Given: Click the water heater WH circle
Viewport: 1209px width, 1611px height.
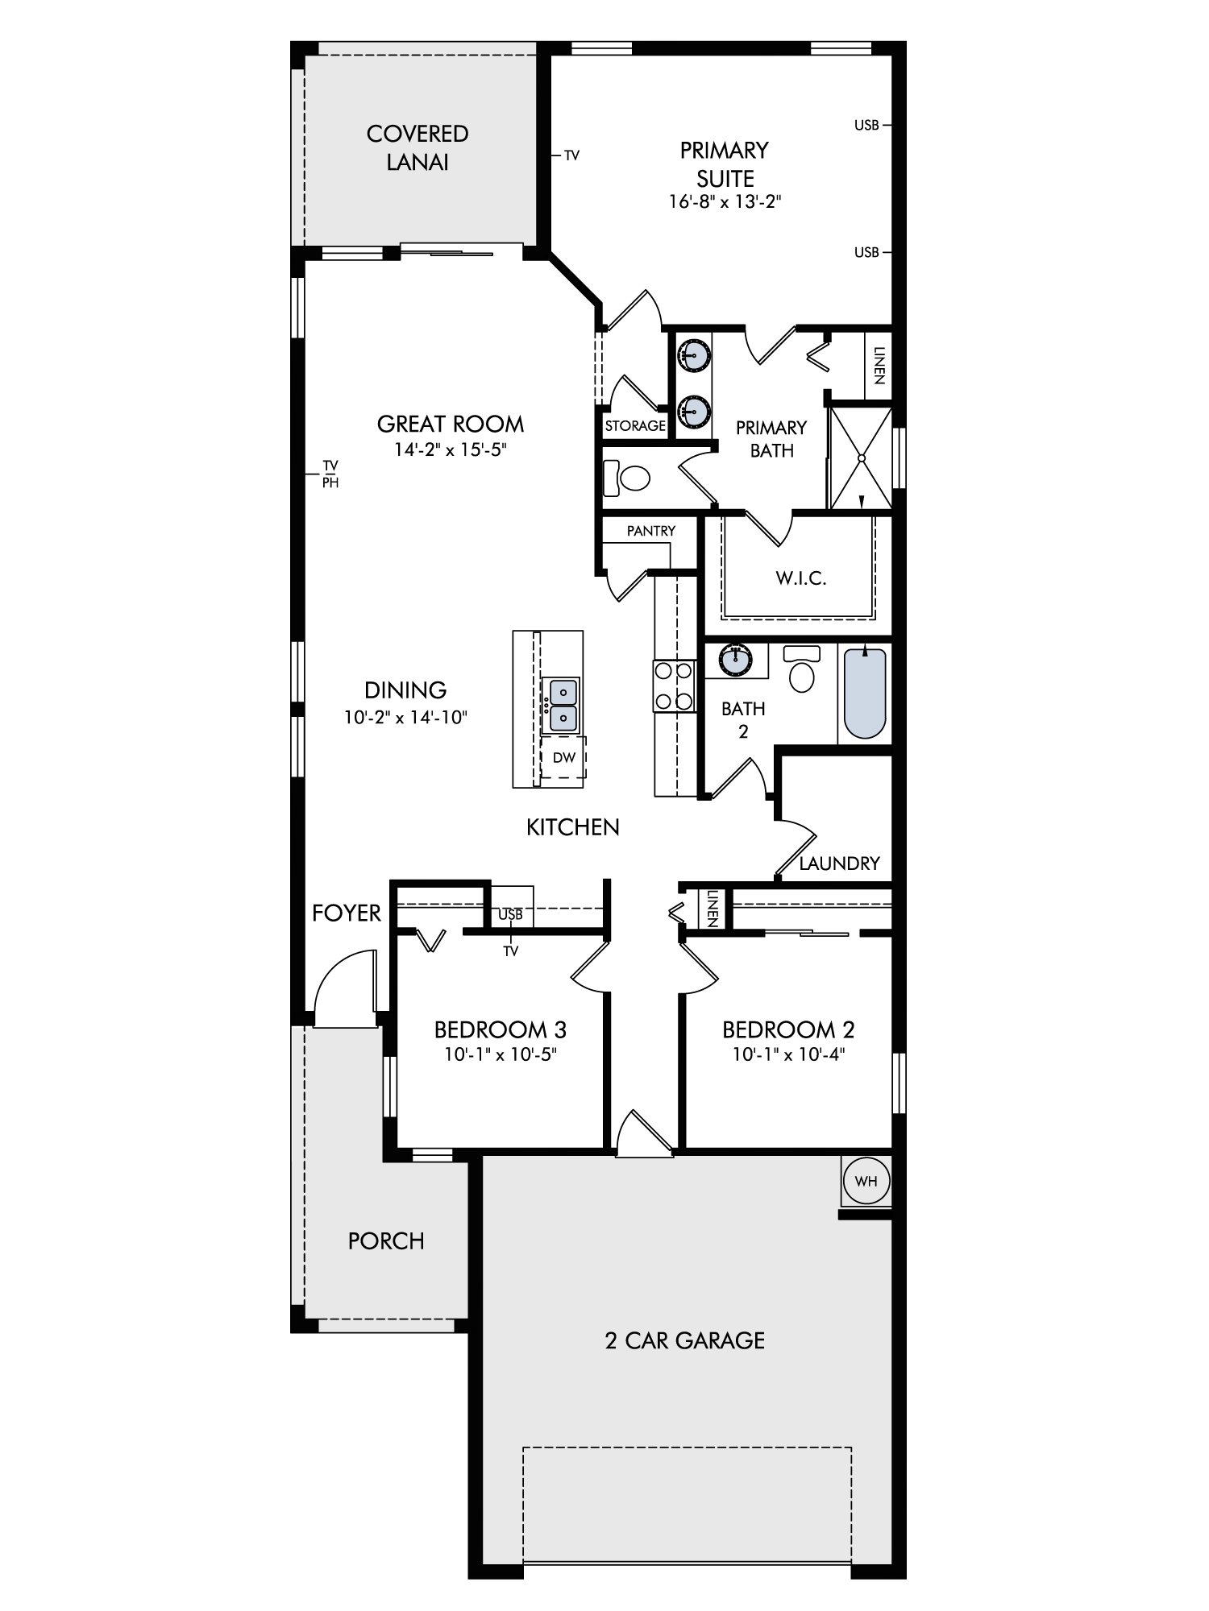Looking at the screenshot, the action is [x=866, y=1182].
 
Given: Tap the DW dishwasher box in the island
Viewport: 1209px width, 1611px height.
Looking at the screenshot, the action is [x=563, y=757].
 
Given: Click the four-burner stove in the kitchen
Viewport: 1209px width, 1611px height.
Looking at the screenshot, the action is [x=674, y=685].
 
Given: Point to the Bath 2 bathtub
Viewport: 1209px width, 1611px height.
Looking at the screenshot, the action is [x=866, y=693].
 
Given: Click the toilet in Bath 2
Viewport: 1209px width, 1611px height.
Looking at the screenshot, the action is [x=801, y=669].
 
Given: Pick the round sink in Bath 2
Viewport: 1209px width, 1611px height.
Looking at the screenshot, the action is [x=736, y=659].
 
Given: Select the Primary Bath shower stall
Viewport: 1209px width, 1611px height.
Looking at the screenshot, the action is [x=862, y=458].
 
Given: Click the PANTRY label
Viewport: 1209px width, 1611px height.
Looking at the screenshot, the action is [x=651, y=531].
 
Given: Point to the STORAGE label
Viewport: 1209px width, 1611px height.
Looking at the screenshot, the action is [x=635, y=425].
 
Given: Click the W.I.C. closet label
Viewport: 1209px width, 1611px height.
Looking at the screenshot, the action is [x=801, y=578].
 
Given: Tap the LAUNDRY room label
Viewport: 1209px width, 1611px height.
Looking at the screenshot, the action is [x=839, y=863].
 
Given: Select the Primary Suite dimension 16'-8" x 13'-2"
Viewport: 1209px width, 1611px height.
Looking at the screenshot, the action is [x=725, y=201].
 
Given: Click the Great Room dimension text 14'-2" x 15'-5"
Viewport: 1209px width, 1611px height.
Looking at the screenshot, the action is [x=450, y=449].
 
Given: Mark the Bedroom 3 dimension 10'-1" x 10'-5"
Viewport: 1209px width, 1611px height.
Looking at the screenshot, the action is [x=501, y=1054].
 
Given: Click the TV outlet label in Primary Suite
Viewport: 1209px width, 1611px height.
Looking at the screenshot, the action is [x=571, y=155].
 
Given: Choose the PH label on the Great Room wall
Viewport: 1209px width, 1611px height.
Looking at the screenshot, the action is [x=330, y=483].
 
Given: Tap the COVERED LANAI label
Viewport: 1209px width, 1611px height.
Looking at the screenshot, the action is [x=418, y=147].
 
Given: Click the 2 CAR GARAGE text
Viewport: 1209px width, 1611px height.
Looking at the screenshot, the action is [x=684, y=1340].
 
